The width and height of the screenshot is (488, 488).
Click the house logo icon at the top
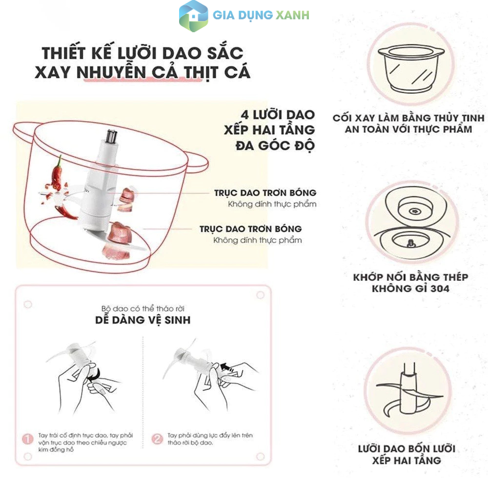(x=193, y=16)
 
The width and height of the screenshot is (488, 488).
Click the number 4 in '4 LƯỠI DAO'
(x=245, y=115)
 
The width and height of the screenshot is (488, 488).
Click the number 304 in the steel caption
(x=440, y=288)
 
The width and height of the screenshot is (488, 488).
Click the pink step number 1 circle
(x=27, y=439)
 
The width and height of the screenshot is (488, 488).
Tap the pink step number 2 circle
(x=157, y=439)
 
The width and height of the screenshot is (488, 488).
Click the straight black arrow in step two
(x=227, y=367)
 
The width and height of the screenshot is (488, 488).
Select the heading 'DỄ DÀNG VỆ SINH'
(x=143, y=320)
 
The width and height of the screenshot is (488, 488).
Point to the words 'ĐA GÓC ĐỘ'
(x=275, y=145)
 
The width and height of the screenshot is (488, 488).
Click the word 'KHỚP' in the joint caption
(x=368, y=277)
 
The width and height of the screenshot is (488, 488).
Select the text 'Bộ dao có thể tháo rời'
(x=143, y=308)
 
